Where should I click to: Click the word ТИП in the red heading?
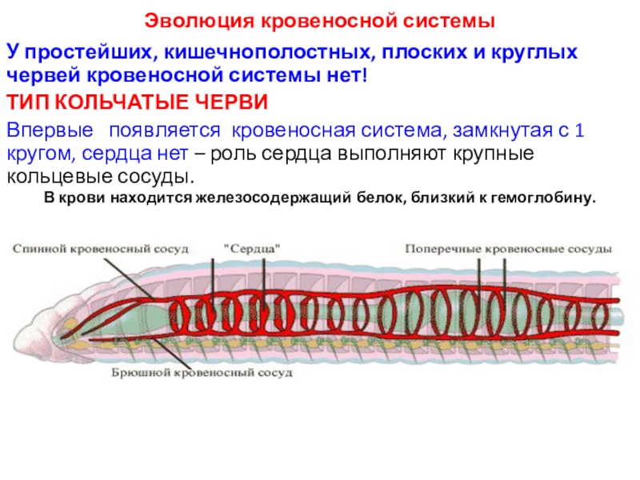point(30,102)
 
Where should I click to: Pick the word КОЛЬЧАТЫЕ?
point(121,102)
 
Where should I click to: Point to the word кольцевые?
point(54,177)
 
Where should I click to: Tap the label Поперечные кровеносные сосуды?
point(509,249)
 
